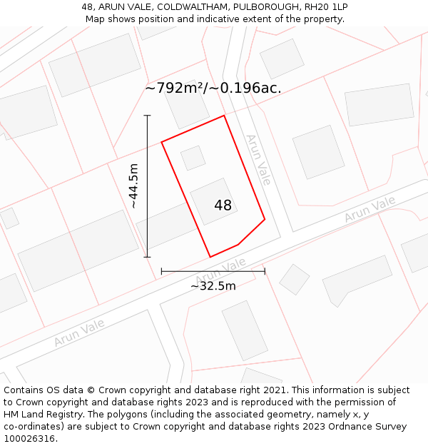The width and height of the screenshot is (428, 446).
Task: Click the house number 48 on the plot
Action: tap(223, 206)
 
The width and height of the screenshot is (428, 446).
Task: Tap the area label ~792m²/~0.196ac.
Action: tap(213, 88)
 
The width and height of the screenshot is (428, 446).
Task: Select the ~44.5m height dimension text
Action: tap(133, 186)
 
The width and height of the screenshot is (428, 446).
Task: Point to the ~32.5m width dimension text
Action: tap(213, 286)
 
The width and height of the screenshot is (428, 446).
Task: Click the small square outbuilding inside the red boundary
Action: tap(193, 158)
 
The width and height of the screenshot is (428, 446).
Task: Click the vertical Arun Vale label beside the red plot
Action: tap(258, 160)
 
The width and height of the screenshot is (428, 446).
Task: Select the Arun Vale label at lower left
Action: tap(78, 333)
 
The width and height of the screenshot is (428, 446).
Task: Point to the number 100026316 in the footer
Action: tap(28, 439)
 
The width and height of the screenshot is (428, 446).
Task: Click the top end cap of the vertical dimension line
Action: tap(148, 115)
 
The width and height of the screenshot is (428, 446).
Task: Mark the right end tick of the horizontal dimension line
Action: tap(265, 270)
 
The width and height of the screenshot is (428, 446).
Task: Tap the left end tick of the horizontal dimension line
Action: tap(162, 270)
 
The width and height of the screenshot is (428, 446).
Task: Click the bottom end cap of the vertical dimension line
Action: tap(148, 257)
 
